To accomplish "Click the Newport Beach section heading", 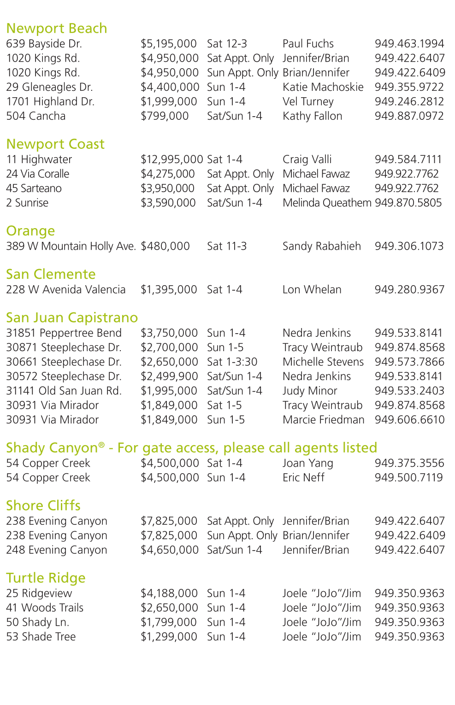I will [x=56, y=29].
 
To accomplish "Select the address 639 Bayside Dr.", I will [x=44, y=44].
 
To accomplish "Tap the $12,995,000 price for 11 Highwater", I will [x=171, y=159].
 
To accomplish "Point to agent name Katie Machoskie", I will [x=323, y=87].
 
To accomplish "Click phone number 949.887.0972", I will [x=409, y=116].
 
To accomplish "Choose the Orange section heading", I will [x=30, y=231].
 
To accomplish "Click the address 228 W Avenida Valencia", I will [x=65, y=289].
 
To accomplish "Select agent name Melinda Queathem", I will [x=327, y=203].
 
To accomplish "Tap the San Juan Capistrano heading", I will [x=72, y=318].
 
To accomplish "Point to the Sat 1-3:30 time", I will [x=232, y=362].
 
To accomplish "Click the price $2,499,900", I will [x=169, y=376].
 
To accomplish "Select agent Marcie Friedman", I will [x=323, y=420].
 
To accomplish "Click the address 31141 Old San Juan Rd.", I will [x=64, y=391].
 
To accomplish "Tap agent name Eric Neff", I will [x=303, y=477].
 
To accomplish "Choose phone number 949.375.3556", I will [x=409, y=463].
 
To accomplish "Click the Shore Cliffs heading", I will [x=43, y=505].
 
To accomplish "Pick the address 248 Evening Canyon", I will [x=56, y=550].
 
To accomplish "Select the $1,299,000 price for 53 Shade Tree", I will [x=169, y=636].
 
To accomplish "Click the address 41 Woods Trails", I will [x=45, y=608].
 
